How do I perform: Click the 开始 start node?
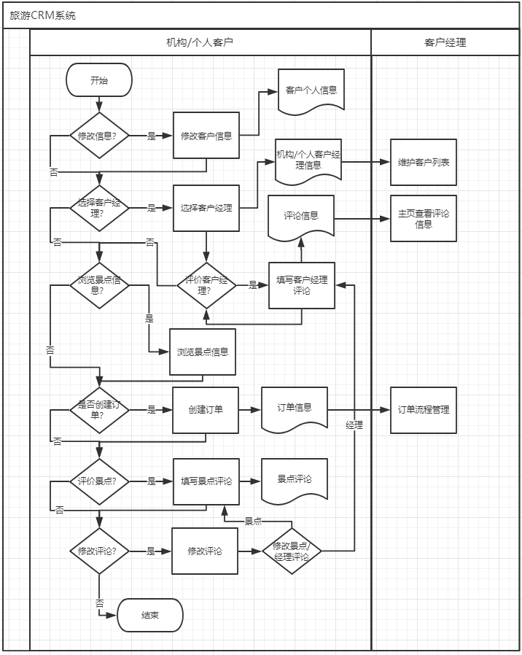(x=98, y=80)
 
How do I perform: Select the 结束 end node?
(x=150, y=616)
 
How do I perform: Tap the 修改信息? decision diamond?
(x=98, y=136)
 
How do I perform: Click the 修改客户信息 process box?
(x=206, y=136)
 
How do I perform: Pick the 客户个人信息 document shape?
(x=311, y=90)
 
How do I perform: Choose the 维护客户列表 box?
(x=423, y=162)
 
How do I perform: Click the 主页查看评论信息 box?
(x=423, y=218)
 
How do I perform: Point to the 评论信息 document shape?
(x=301, y=217)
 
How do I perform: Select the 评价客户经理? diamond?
(x=206, y=285)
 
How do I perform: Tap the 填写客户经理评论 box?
(x=302, y=285)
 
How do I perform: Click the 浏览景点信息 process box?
(x=203, y=352)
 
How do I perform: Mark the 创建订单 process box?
(x=206, y=409)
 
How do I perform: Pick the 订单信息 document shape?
(x=295, y=408)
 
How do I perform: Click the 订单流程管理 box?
(x=423, y=410)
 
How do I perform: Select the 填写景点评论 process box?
(x=206, y=481)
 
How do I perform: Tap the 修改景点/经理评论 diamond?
(x=292, y=551)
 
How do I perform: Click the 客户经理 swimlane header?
(x=445, y=42)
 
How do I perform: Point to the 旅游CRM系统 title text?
(x=42, y=15)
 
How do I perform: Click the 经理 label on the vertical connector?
(x=354, y=425)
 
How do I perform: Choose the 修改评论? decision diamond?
(x=98, y=551)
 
